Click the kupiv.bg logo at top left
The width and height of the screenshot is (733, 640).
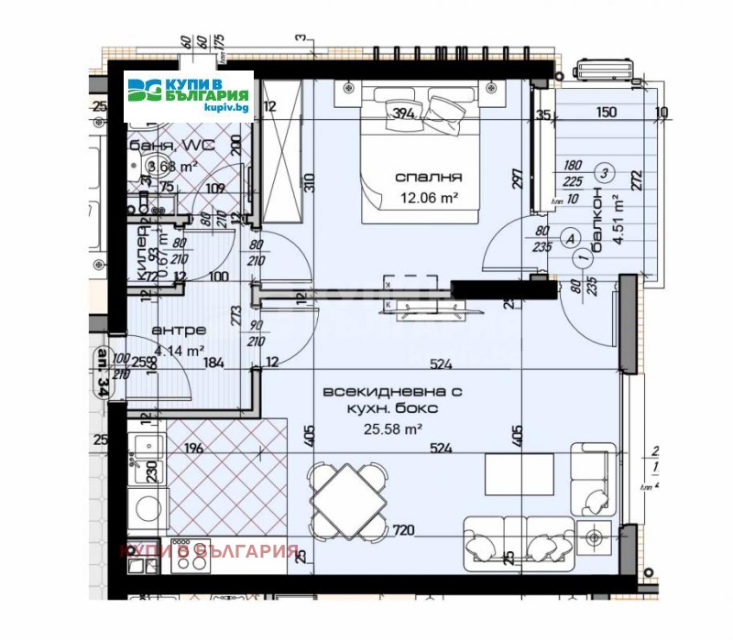point(190,94)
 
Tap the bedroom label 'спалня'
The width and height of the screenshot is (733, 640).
point(428,178)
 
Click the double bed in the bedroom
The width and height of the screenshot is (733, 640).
point(419,156)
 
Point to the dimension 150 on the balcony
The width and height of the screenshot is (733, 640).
point(604,114)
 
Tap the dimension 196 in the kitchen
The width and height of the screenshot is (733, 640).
point(192,448)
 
